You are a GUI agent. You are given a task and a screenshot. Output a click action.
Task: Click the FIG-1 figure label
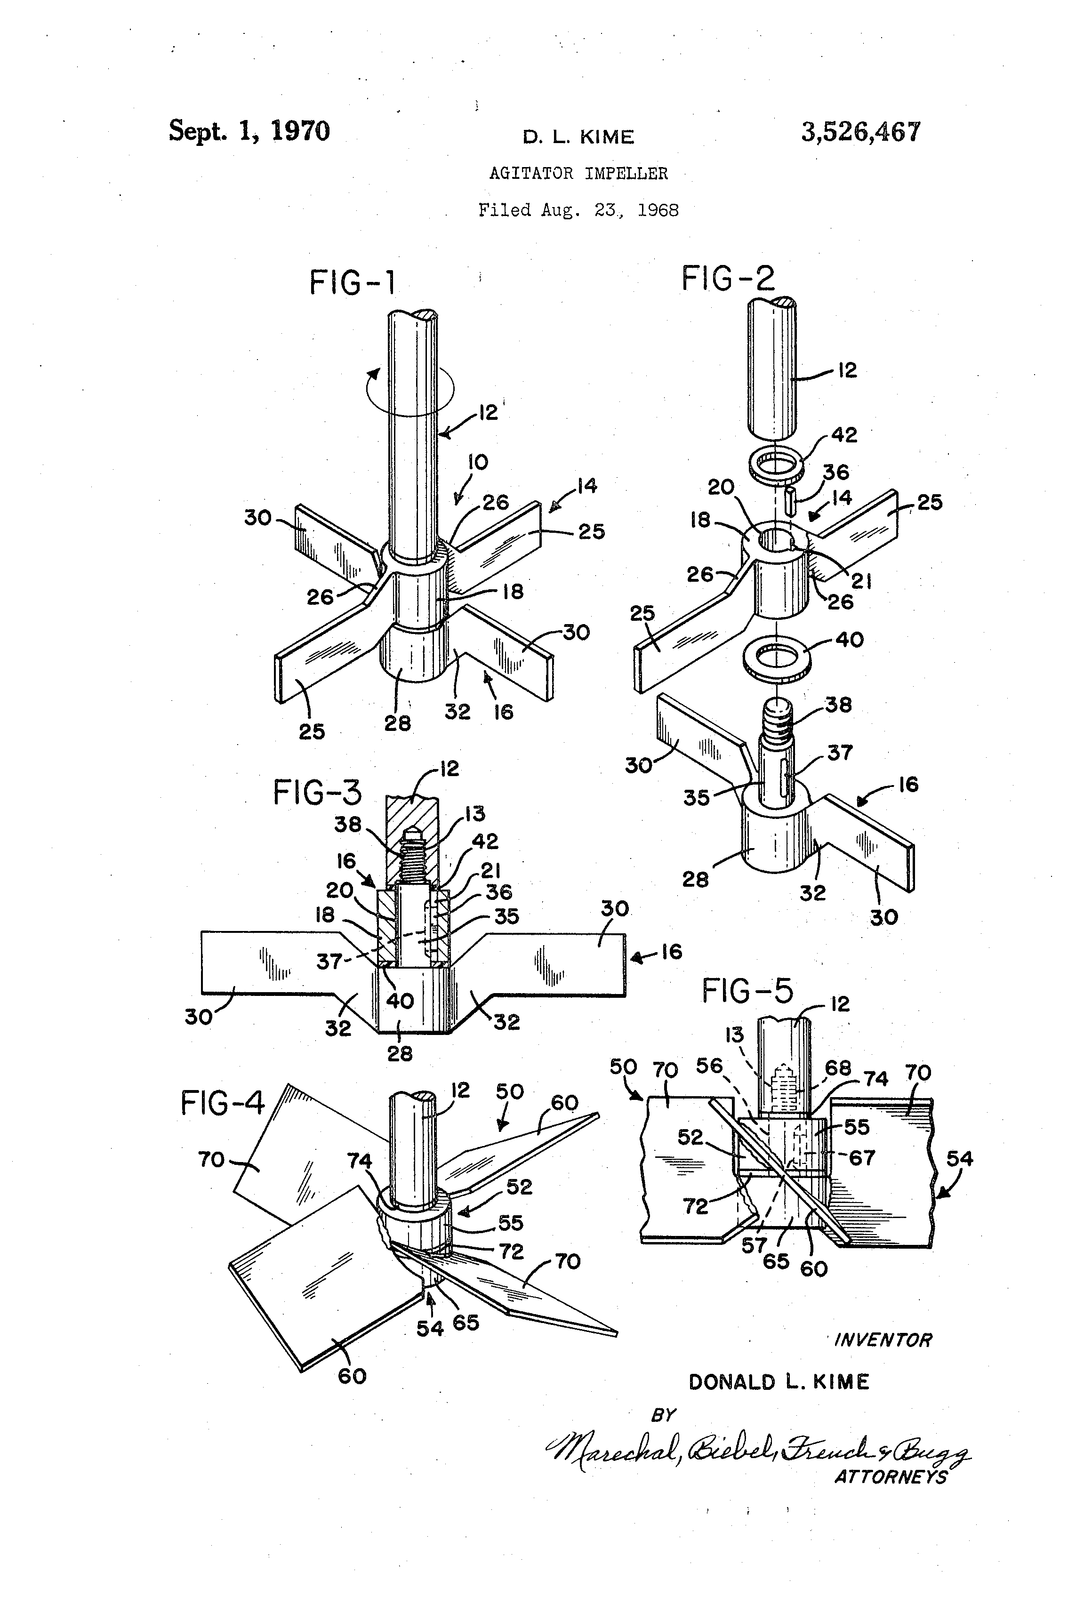353,282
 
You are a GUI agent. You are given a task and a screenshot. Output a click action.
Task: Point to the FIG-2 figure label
728,279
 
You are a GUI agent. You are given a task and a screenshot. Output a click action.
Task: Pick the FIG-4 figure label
222,1102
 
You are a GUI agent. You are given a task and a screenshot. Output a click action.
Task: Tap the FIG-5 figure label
747,992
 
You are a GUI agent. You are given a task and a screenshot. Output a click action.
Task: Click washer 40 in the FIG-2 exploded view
777,657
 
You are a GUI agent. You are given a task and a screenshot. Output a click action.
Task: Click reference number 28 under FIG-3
400,1053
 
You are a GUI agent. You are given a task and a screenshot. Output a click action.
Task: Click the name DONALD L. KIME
779,1382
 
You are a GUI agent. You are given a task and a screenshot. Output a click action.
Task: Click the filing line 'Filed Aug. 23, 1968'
578,210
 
